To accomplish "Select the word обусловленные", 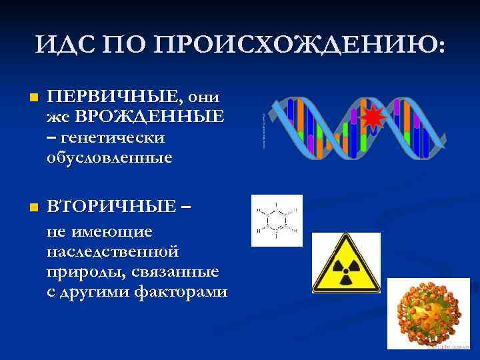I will (x=109, y=158).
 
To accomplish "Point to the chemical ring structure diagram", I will (x=277, y=221).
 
